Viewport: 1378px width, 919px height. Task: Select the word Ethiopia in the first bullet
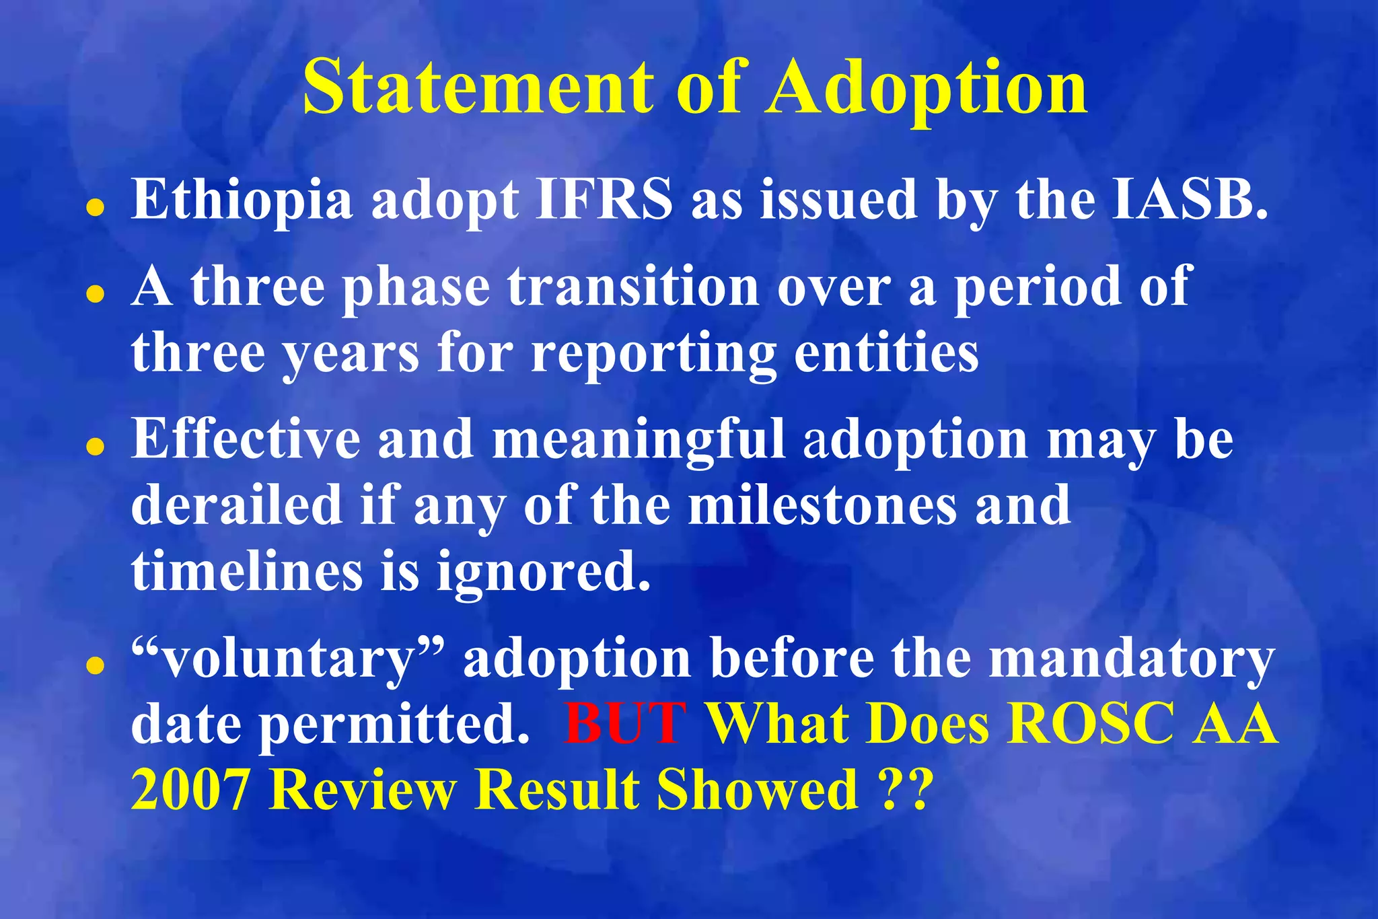coord(242,200)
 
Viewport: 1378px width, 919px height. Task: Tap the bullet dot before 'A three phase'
coord(96,294)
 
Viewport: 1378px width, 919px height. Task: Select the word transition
coord(633,287)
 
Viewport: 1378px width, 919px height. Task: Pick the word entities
coord(886,353)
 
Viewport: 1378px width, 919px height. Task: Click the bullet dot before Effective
coord(96,446)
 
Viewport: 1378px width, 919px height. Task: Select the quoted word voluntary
coord(288,659)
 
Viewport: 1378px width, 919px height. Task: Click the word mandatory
coord(1131,659)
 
